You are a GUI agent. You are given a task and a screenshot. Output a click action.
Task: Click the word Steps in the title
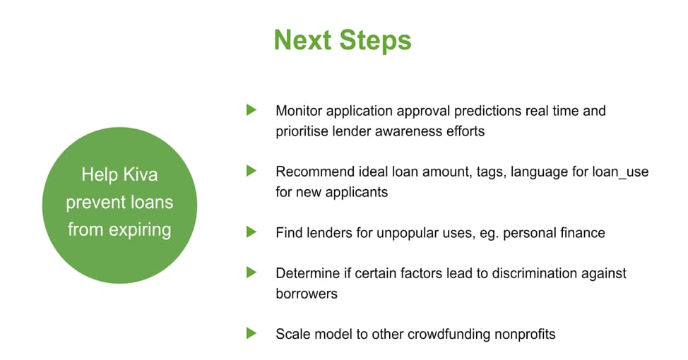(x=375, y=41)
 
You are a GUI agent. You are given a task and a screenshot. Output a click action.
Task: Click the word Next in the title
(x=302, y=40)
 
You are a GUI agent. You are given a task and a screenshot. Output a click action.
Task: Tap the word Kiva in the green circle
(x=140, y=174)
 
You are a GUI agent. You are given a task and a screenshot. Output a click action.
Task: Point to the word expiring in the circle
(x=140, y=230)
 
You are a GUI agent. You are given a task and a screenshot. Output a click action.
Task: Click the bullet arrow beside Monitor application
(x=251, y=109)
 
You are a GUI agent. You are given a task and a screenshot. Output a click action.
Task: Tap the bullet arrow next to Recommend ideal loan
(x=251, y=171)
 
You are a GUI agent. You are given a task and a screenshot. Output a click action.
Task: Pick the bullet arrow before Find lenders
(x=251, y=232)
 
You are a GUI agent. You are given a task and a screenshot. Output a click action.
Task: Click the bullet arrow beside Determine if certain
(x=251, y=272)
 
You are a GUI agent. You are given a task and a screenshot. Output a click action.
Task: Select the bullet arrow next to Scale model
(x=251, y=333)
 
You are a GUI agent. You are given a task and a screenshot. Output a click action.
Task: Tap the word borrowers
(x=307, y=294)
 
